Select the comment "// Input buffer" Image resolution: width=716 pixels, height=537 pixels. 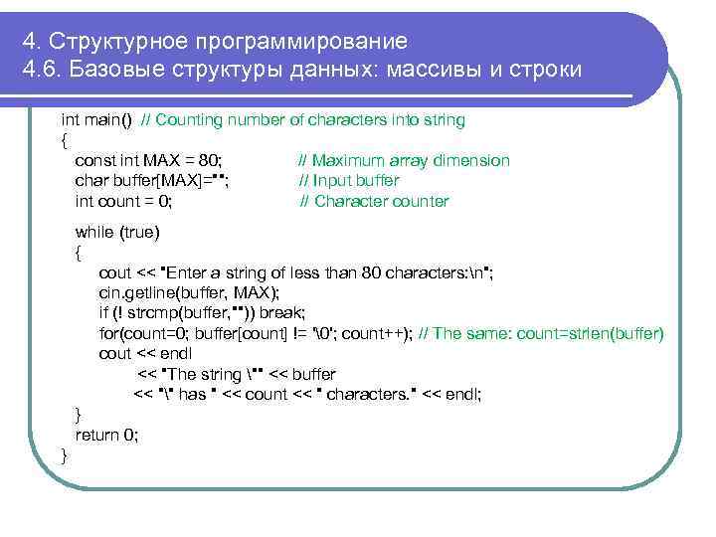(x=349, y=181)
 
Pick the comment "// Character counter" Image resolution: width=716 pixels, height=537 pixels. (x=374, y=202)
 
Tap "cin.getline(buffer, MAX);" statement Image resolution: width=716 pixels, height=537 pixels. (x=189, y=292)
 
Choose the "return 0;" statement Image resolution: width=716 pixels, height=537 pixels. (x=107, y=435)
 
